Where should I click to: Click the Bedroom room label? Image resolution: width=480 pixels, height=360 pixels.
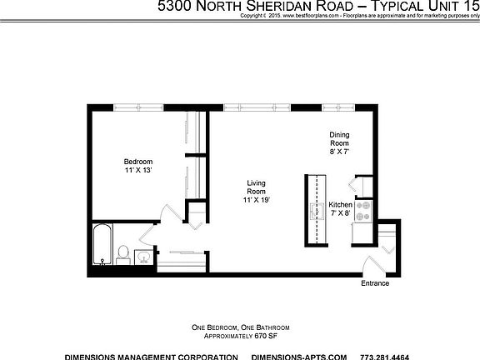[138, 161]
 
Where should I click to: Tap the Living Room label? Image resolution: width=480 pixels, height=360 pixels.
[256, 187]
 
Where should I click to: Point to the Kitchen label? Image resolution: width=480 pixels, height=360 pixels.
[341, 205]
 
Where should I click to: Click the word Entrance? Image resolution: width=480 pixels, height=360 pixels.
[375, 283]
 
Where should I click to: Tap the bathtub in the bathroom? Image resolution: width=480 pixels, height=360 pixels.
[102, 243]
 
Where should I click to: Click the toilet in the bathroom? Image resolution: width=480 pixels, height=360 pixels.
[123, 253]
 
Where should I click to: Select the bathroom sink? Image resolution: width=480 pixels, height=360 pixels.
[142, 255]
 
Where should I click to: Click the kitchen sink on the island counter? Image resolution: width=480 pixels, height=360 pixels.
[317, 209]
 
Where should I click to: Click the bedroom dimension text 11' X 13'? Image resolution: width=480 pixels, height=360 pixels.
[138, 170]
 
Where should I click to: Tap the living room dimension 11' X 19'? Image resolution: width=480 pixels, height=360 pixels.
[256, 200]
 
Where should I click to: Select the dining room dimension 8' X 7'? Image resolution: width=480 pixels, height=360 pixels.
[338, 152]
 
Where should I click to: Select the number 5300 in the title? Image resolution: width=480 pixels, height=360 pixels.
[175, 6]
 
